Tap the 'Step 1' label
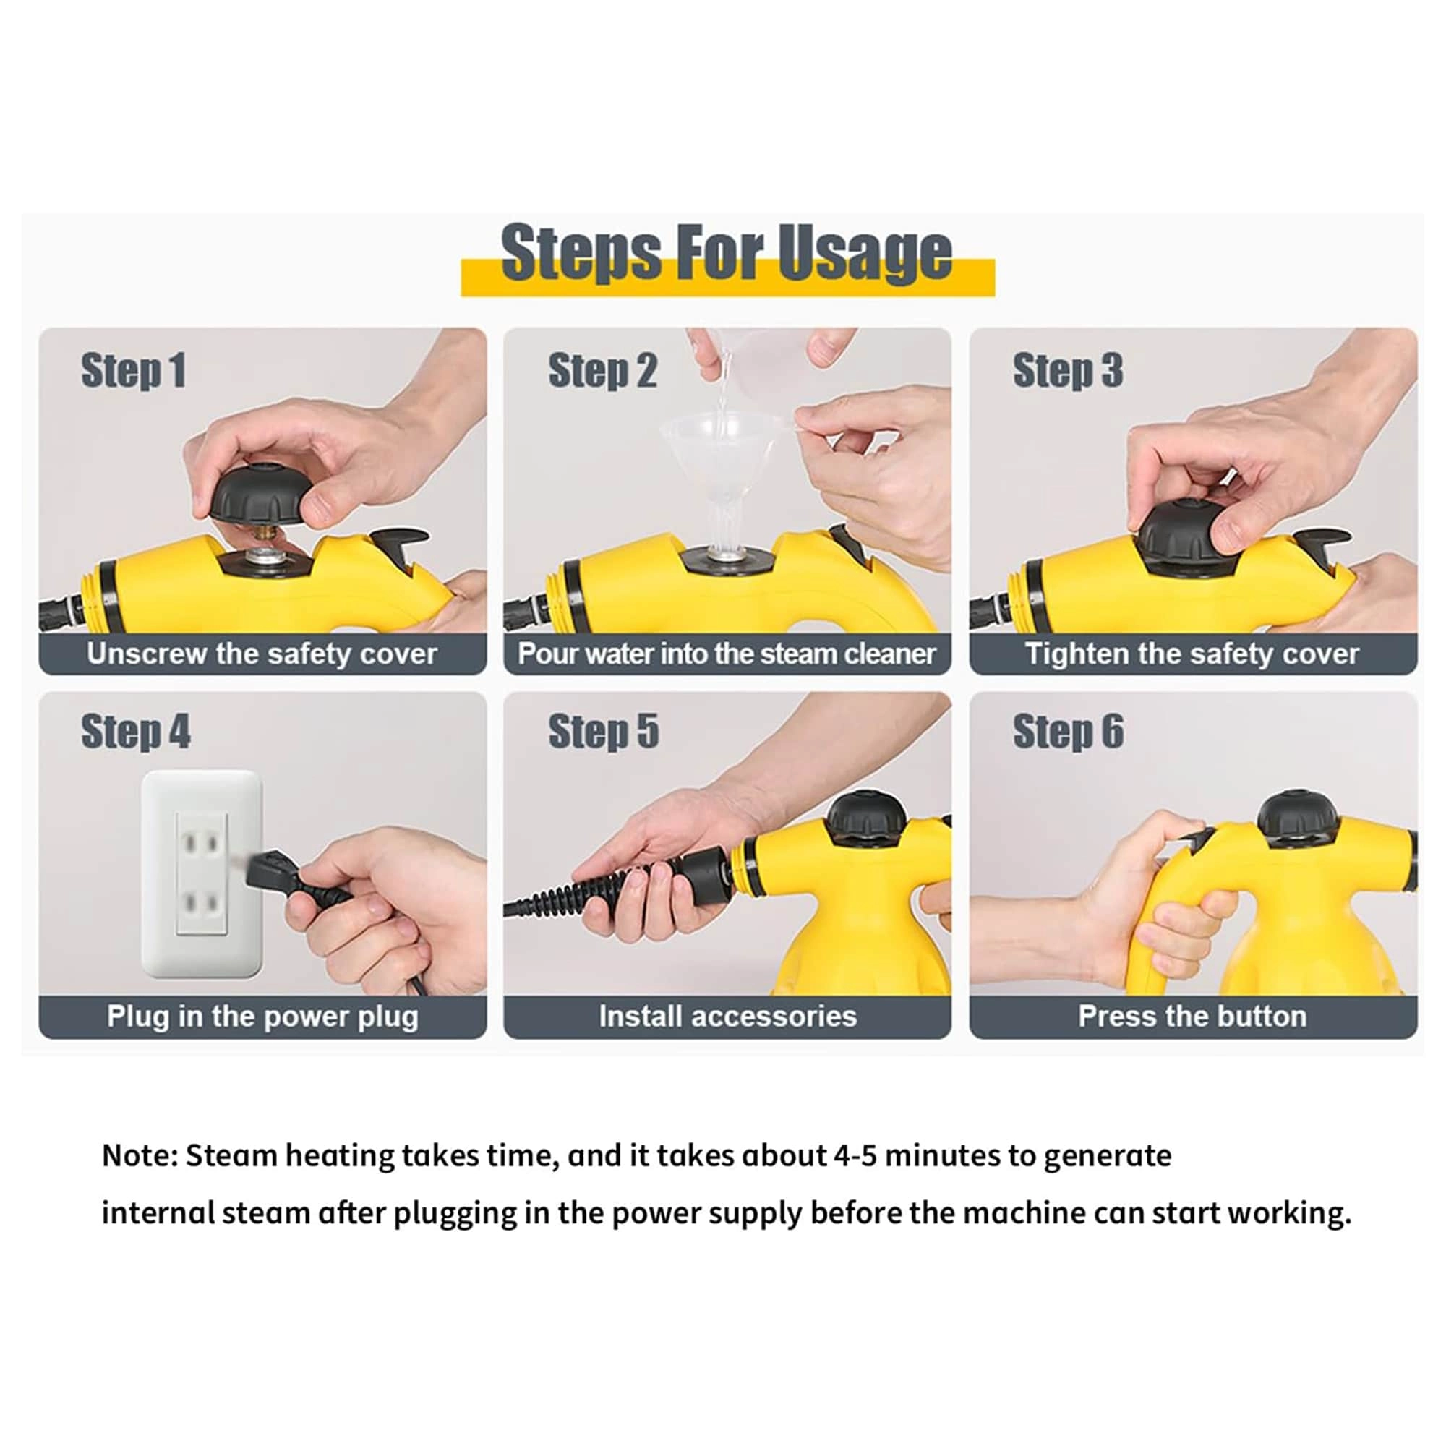coord(133,370)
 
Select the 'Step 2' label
coord(602,370)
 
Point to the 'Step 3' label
coord(1067,370)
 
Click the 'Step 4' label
coord(135,731)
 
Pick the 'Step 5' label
coord(603,731)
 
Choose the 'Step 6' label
coord(1068,731)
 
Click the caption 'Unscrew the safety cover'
coord(262,654)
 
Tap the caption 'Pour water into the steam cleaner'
coord(727,654)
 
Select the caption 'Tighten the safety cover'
coord(1192,654)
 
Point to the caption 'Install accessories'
coord(727,1017)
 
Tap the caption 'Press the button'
coord(1192,1017)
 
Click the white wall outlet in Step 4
coord(202,873)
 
